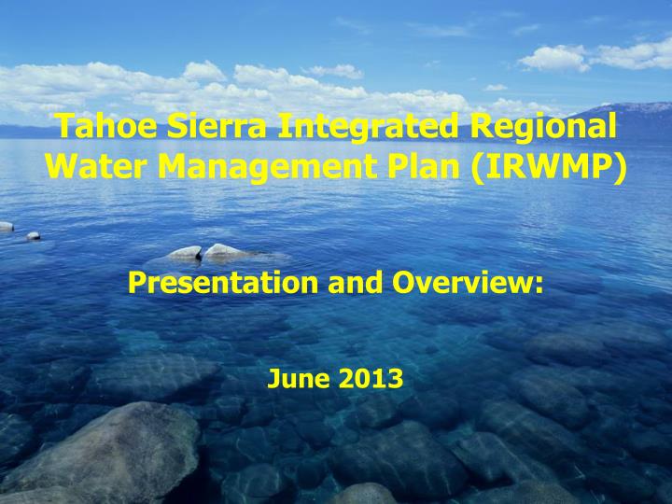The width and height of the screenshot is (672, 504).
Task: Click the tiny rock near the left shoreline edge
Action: (x=34, y=236)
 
